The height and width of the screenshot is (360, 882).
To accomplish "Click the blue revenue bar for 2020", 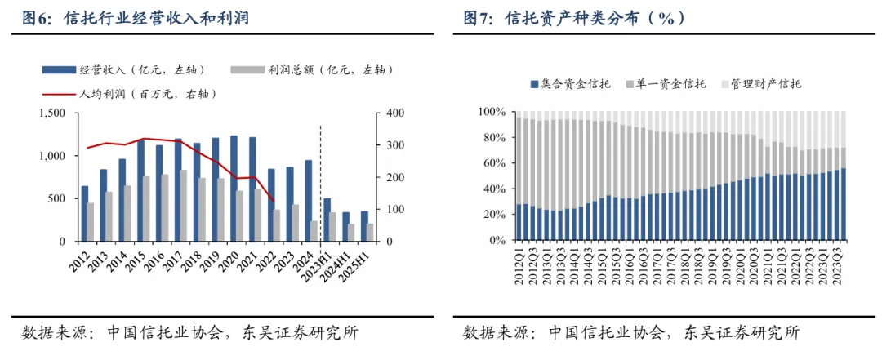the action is (x=234, y=189).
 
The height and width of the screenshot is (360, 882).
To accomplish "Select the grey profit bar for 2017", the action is (x=184, y=206).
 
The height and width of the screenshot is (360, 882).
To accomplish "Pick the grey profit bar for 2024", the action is (x=314, y=231).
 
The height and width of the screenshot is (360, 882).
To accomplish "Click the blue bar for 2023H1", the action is (x=327, y=220).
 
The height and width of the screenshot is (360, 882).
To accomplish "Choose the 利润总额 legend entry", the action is (x=311, y=69).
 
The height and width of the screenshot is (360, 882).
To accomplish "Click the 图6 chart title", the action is (x=135, y=19).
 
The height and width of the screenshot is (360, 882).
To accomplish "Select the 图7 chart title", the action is (x=574, y=19).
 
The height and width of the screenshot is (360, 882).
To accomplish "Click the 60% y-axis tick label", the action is (x=495, y=163).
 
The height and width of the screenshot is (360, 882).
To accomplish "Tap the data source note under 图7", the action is (x=631, y=332).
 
